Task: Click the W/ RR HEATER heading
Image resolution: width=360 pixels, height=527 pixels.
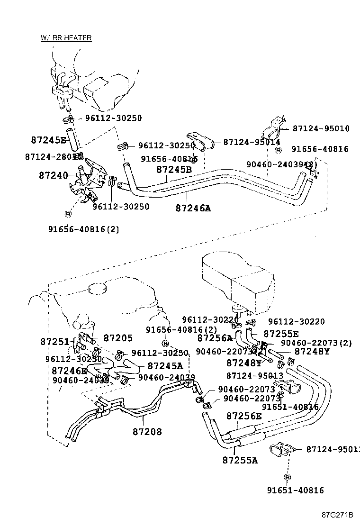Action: [x=66, y=38]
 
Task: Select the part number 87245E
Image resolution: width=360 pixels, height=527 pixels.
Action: [x=49, y=140]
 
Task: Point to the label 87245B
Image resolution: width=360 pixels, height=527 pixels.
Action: [x=174, y=169]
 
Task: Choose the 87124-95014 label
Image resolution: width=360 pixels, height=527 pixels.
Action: [x=252, y=142]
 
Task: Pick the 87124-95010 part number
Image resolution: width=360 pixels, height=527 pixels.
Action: [x=321, y=128]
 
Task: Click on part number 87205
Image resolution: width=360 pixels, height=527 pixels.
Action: [x=118, y=338]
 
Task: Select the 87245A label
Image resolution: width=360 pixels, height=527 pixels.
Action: [x=165, y=365]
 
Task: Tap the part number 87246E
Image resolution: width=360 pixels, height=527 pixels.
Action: [x=69, y=371]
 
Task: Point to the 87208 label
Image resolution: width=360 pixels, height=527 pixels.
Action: [x=147, y=432]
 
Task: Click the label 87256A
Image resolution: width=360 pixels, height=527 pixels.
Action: [x=215, y=338]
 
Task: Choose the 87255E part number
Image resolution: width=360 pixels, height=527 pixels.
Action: [x=281, y=334]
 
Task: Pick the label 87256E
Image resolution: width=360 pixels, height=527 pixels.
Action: [x=244, y=416]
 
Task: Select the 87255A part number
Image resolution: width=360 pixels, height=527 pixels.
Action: [x=240, y=460]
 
